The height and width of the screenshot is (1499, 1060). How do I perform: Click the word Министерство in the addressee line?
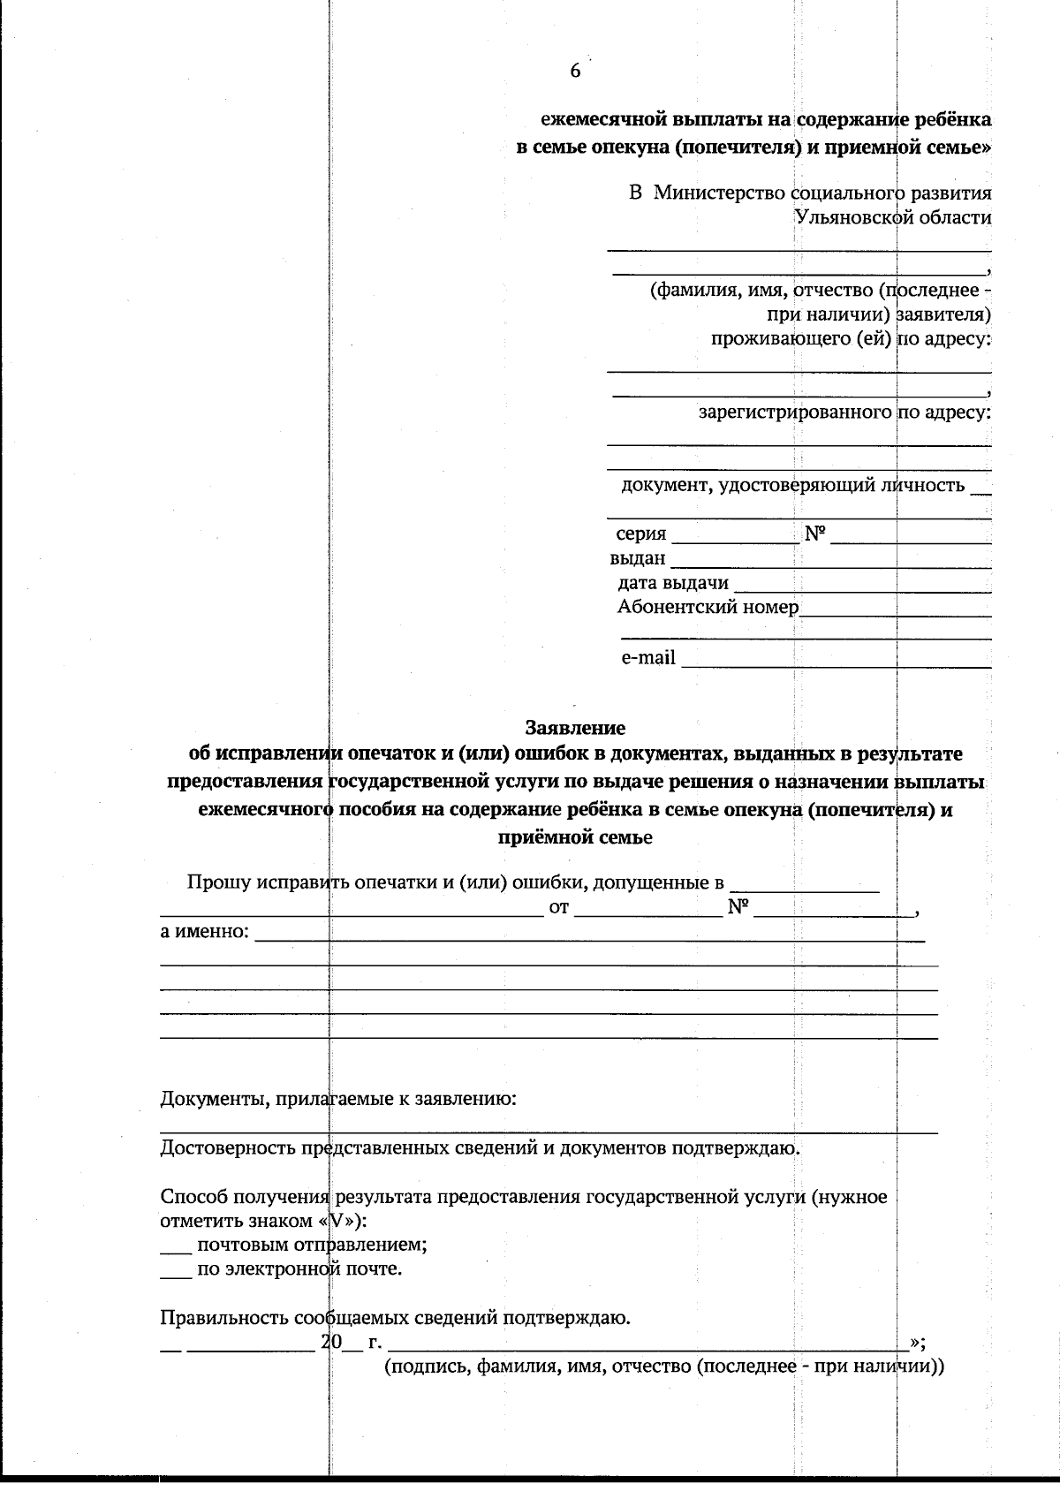pyautogui.click(x=721, y=193)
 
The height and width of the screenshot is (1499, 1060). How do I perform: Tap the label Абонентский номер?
pyautogui.click(x=708, y=607)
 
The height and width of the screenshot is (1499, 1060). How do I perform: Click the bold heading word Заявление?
pyautogui.click(x=575, y=728)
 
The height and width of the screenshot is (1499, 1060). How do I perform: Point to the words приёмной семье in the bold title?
pyautogui.click(x=575, y=837)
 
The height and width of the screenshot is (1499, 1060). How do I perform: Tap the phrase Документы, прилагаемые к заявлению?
pyautogui.click(x=338, y=1100)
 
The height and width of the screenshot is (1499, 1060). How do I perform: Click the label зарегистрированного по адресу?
pyautogui.click(x=844, y=413)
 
